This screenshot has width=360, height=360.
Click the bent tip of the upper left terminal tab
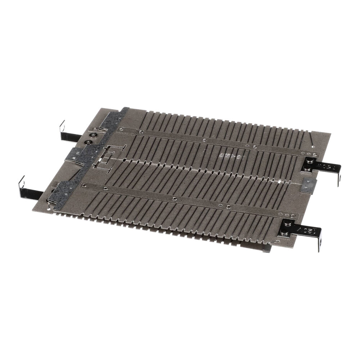pyautogui.click(x=62, y=125)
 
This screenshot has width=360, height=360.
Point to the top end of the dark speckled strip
pyautogui.click(x=125, y=109)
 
